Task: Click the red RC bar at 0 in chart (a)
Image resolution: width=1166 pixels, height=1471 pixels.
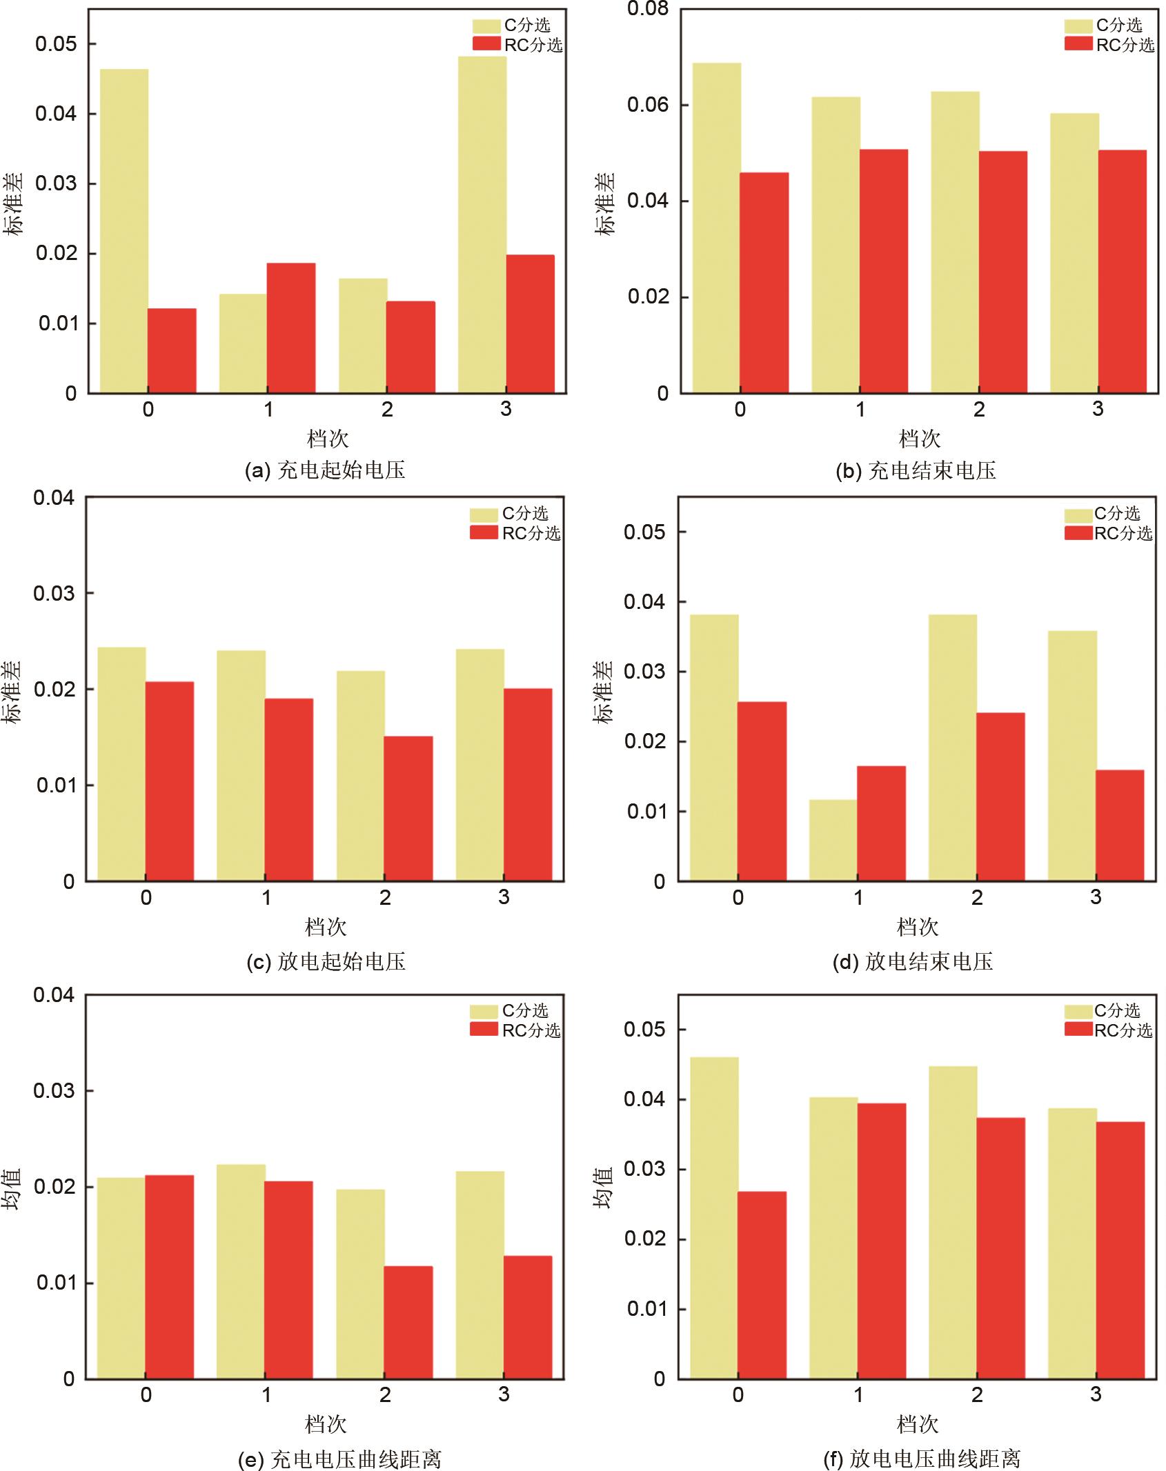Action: pyautogui.click(x=172, y=350)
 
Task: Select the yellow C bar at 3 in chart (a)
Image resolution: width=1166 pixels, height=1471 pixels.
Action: pyautogui.click(x=482, y=225)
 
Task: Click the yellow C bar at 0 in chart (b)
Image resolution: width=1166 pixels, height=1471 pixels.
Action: pyautogui.click(x=717, y=228)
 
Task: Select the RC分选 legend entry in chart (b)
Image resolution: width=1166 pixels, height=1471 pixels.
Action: pyautogui.click(x=1109, y=45)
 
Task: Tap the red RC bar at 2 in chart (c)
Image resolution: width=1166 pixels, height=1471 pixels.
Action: pyautogui.click(x=408, y=808)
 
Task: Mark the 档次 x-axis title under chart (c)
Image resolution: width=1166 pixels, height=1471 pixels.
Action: pyautogui.click(x=326, y=927)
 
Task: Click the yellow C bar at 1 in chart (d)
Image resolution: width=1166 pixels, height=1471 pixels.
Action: pyautogui.click(x=833, y=840)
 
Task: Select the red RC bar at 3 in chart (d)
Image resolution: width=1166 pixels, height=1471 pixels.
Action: pyautogui.click(x=1120, y=825)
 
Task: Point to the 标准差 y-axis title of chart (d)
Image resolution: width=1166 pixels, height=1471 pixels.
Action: pyautogui.click(x=604, y=692)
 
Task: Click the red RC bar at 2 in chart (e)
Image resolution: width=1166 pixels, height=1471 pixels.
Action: pyautogui.click(x=408, y=1322)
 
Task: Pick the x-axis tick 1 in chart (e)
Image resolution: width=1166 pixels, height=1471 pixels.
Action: pyautogui.click(x=266, y=1394)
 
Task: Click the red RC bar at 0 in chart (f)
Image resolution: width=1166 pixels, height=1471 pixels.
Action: pyautogui.click(x=762, y=1285)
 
